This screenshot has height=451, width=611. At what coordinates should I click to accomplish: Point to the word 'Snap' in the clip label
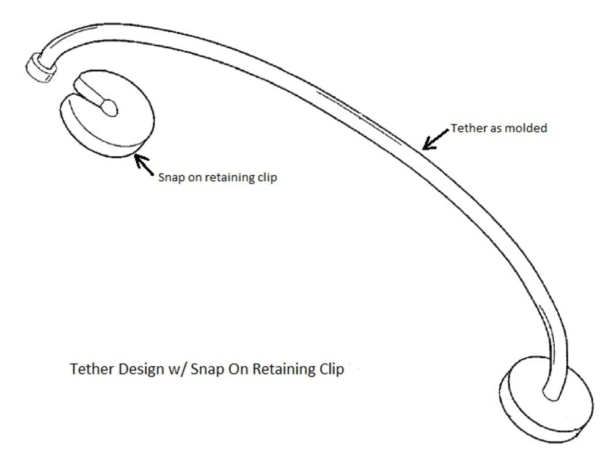tap(170, 178)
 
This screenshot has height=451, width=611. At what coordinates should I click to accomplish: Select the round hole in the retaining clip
tap(109, 107)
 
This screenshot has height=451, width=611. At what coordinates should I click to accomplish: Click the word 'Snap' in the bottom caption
tap(203, 370)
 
